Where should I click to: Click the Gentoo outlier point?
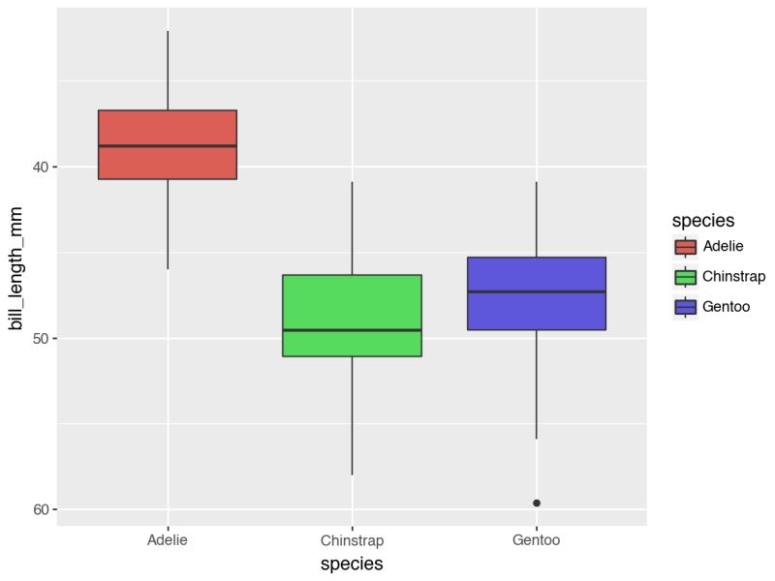tap(537, 503)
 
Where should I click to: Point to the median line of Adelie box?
tap(168, 146)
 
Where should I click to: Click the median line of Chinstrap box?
tap(352, 330)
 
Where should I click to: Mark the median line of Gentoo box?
tap(536, 291)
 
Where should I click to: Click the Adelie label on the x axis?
tap(168, 539)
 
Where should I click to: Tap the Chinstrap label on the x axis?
tap(352, 539)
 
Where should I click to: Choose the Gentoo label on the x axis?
tap(536, 539)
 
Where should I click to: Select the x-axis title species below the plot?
tap(352, 564)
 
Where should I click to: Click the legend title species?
tap(703, 221)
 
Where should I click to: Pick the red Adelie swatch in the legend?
tap(686, 247)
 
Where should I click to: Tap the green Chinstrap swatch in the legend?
tap(686, 277)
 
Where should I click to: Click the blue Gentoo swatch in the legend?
tap(686, 307)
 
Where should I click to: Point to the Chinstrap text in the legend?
tap(733, 277)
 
